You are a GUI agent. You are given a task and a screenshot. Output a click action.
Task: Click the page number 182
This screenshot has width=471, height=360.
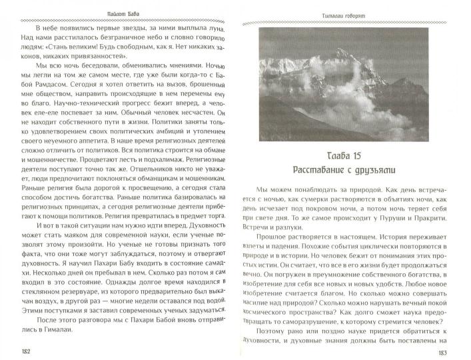[26, 351]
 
